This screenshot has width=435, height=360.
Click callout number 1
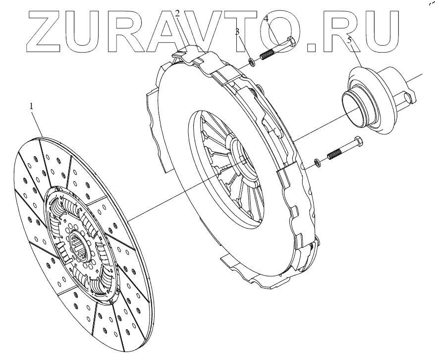tap(31, 106)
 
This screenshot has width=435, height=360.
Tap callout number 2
tap(177, 13)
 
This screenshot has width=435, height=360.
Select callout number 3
tap(238, 32)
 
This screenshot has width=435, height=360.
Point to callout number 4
tap(266, 19)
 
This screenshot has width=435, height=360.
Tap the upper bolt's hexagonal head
tap(291, 43)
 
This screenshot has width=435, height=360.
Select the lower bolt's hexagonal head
tap(358, 144)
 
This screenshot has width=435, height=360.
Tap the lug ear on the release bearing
tap(409, 99)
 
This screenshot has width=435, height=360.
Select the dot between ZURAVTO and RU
tap(313, 47)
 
